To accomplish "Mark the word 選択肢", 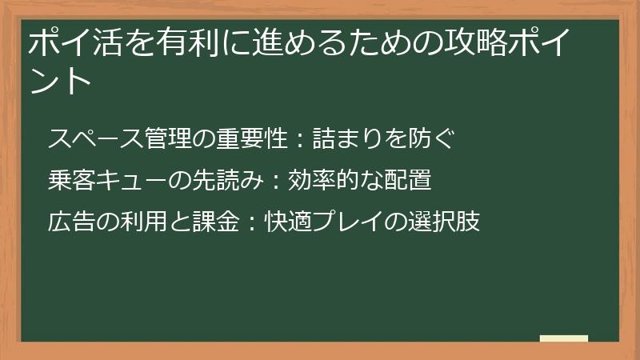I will click(445, 222).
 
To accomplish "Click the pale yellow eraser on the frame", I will click(563, 338).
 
